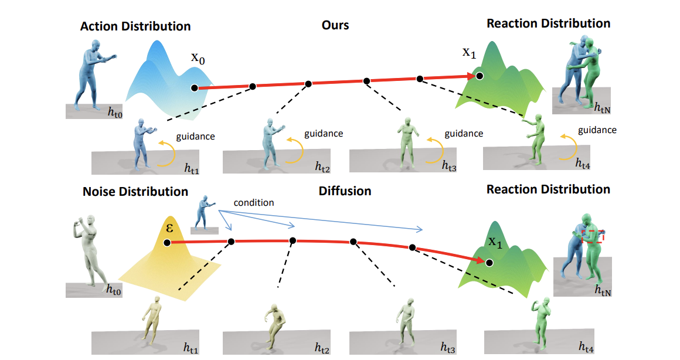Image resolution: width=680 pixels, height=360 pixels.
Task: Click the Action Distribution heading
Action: click(x=135, y=26)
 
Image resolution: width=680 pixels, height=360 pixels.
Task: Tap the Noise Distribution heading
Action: click(x=135, y=192)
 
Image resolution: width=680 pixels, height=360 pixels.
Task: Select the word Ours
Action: click(x=335, y=25)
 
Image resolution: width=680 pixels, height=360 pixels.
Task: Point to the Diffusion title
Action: click(x=345, y=191)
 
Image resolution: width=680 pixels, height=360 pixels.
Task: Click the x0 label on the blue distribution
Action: click(x=198, y=59)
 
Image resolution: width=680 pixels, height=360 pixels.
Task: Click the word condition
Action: click(x=254, y=202)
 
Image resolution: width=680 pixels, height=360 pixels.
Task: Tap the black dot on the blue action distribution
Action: click(x=193, y=88)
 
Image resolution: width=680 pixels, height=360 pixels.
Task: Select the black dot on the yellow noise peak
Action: click(x=167, y=242)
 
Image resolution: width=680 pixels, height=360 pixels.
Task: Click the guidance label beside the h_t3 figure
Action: click(x=464, y=134)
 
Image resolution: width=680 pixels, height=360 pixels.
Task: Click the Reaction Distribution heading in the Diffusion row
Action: click(x=548, y=189)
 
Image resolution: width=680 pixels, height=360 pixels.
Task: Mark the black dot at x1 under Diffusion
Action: click(x=489, y=263)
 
